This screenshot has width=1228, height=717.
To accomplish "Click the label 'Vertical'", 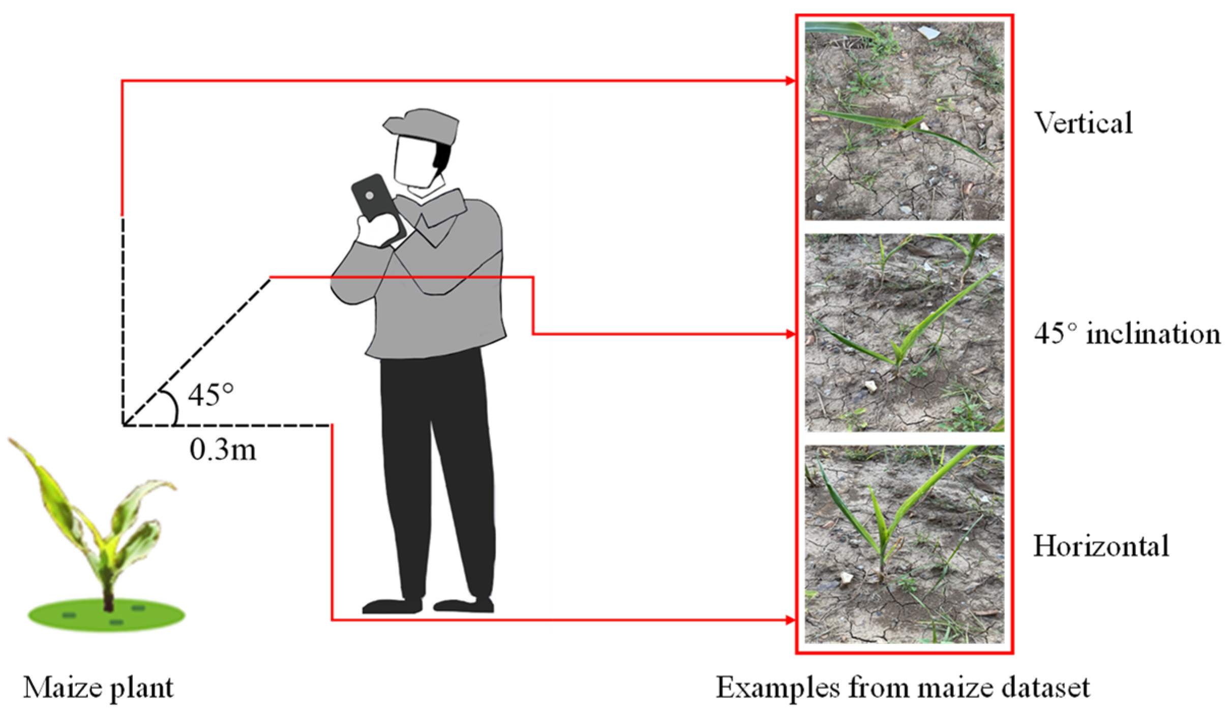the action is click(x=1084, y=123).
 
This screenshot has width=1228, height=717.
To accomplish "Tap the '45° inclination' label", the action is click(x=1127, y=334).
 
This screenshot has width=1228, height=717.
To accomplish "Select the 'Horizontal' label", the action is click(x=1101, y=546).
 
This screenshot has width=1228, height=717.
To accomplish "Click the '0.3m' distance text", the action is click(x=223, y=449).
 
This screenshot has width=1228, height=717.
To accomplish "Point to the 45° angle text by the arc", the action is click(x=211, y=395).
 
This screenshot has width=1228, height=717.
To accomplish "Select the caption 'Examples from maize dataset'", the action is click(x=903, y=688).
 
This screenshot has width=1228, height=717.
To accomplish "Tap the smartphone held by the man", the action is click(x=378, y=209).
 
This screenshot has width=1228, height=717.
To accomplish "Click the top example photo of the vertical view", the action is click(x=904, y=121).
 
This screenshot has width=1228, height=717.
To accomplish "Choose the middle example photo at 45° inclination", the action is click(x=904, y=333).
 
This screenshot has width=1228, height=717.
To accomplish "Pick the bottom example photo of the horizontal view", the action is click(x=904, y=544).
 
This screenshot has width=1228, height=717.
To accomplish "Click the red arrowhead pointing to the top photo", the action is click(x=790, y=81).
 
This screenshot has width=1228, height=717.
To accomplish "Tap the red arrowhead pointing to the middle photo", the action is click(x=790, y=334).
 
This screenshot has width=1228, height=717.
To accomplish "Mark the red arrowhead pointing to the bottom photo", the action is click(x=790, y=620).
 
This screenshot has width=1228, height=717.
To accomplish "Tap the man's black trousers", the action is click(x=436, y=478).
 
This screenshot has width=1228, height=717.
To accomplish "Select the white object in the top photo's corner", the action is click(x=929, y=33).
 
